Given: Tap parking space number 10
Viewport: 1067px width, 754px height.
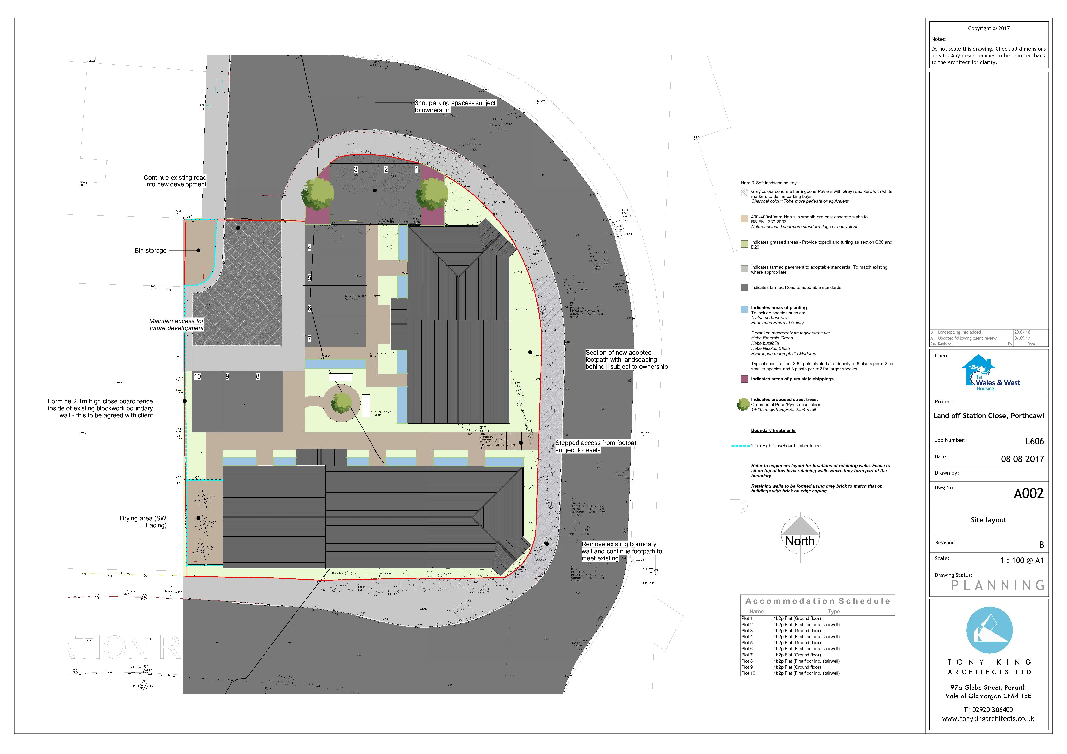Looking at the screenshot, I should (x=197, y=376).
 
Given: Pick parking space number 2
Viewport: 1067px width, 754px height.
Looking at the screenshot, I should (x=386, y=170).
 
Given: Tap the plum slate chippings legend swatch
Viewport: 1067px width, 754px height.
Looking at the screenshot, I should (x=744, y=379).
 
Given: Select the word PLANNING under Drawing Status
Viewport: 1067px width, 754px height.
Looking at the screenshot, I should (x=997, y=585).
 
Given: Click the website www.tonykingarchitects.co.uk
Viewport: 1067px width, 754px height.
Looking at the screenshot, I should (x=988, y=719).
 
